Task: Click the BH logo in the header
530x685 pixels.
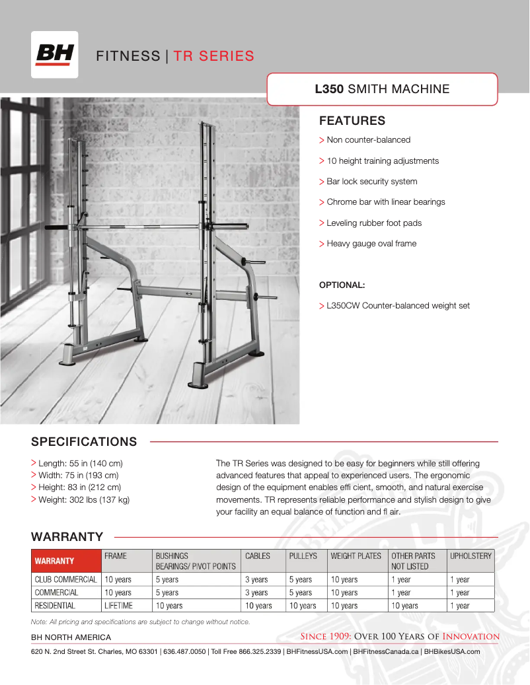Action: tap(54, 55)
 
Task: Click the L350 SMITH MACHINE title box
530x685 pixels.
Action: tap(382, 89)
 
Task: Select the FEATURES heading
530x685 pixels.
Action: tap(352, 121)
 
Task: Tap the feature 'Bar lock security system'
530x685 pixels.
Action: tap(371, 182)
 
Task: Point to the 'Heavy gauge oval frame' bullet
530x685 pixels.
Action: tap(371, 244)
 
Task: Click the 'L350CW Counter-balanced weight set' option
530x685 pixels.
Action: tap(398, 306)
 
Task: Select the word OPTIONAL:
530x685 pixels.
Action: tap(342, 285)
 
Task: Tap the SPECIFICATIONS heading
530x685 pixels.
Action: tap(84, 442)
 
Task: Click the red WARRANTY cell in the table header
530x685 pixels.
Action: tap(65, 561)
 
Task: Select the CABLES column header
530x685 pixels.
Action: tap(257, 556)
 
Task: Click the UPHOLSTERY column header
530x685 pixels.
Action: tap(471, 556)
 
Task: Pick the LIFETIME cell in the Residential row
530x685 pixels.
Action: tap(118, 606)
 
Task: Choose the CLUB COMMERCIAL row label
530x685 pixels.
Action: tap(65, 580)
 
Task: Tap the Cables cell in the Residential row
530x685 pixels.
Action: tap(258, 606)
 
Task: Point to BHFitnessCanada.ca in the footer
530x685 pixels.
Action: tap(386, 651)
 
